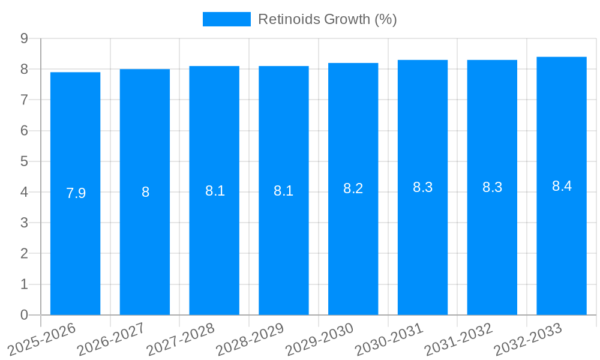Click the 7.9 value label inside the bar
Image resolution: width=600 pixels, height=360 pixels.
(76, 193)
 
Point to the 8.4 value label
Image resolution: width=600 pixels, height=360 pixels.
(562, 186)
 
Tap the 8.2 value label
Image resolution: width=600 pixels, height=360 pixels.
(353, 188)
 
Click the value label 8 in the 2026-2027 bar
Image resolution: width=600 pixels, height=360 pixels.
(145, 192)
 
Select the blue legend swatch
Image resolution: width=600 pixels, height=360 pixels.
(226, 19)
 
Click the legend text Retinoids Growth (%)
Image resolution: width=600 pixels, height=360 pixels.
(327, 19)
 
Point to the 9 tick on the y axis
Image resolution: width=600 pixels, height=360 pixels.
(24, 38)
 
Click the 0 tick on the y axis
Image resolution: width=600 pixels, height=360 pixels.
(24, 315)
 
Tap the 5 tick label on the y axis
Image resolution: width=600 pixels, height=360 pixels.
(24, 161)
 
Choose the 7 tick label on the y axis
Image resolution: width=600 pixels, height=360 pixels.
(24, 100)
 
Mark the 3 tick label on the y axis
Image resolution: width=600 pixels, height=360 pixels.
(24, 223)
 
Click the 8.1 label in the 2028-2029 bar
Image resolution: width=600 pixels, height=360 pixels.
(283, 191)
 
